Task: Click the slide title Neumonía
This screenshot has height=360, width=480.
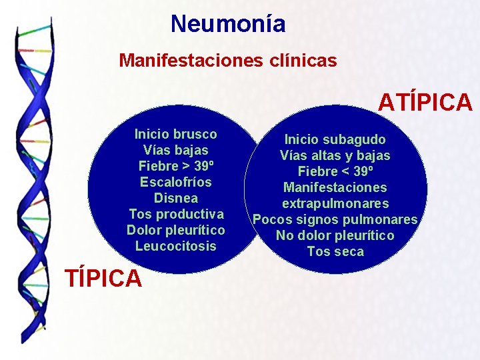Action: tap(228, 24)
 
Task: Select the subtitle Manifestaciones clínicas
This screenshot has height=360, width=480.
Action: tap(227, 61)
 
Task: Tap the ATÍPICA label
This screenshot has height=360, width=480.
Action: tap(425, 103)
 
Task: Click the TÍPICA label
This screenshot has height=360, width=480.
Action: tap(103, 278)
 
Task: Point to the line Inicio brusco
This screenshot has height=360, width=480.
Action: tap(175, 134)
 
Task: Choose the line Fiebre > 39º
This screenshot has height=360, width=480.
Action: tap(175, 166)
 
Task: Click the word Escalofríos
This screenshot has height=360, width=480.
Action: tap(175, 182)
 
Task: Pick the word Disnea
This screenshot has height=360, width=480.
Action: tap(175, 198)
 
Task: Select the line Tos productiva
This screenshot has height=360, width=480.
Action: tap(175, 214)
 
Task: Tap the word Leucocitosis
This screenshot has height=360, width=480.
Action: tap(175, 246)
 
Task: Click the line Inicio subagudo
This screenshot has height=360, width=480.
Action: tap(335, 139)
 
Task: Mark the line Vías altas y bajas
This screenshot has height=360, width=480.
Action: tap(335, 155)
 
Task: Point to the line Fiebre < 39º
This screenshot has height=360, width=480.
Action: tap(335, 171)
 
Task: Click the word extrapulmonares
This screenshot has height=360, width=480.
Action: tap(335, 203)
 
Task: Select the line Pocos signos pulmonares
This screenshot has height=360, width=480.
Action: tap(335, 219)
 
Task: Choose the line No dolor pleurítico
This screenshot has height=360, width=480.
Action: tap(335, 235)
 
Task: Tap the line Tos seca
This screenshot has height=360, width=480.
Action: tap(335, 251)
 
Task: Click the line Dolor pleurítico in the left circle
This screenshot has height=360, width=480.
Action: tap(175, 230)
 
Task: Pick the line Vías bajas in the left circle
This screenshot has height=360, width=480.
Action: tap(175, 150)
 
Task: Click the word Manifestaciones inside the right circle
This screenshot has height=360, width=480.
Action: tap(335, 187)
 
